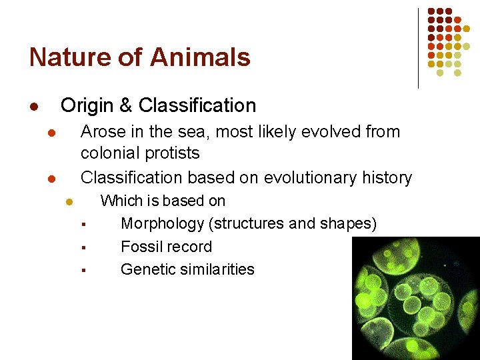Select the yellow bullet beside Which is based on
point(68,202)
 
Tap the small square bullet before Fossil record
point(85,248)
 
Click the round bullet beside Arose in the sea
point(51,133)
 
